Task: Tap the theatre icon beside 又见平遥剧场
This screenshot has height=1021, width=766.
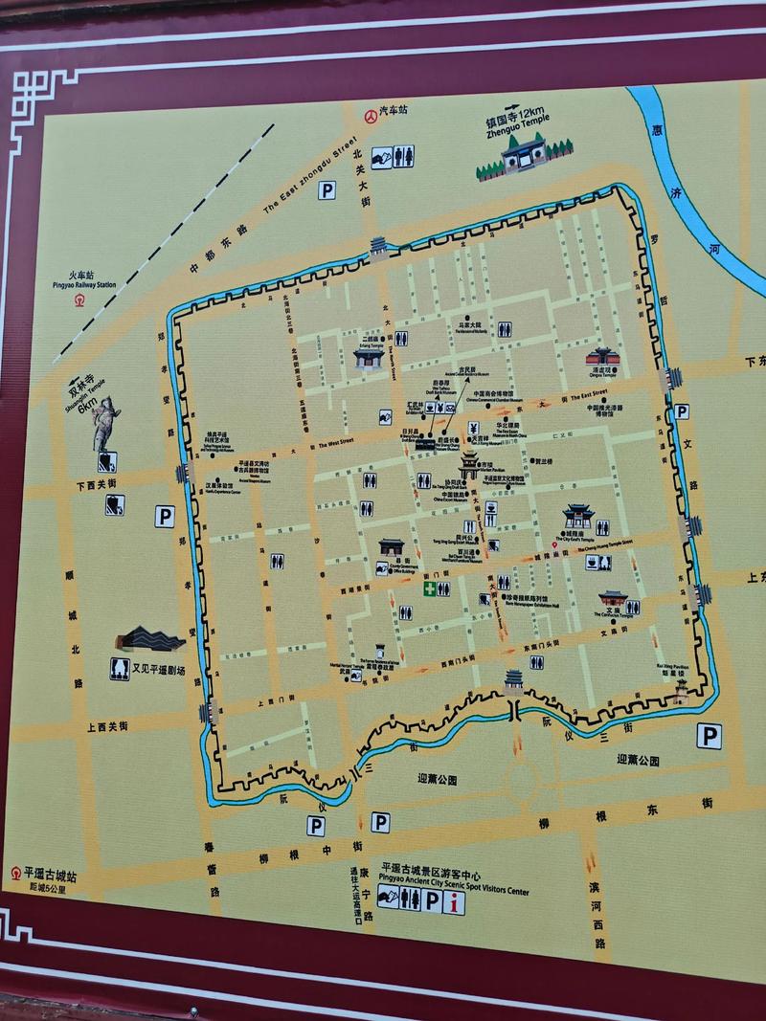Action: (x=119, y=668)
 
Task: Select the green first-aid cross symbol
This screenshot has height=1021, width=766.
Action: (x=428, y=588)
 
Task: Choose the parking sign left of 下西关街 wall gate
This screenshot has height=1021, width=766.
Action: (x=165, y=518)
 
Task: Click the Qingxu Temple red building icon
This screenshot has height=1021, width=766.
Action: (x=601, y=358)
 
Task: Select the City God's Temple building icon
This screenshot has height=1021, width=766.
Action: (x=577, y=517)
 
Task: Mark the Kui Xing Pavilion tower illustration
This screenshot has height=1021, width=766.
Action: (x=681, y=690)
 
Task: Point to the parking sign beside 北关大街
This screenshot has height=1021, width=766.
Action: (x=327, y=190)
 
